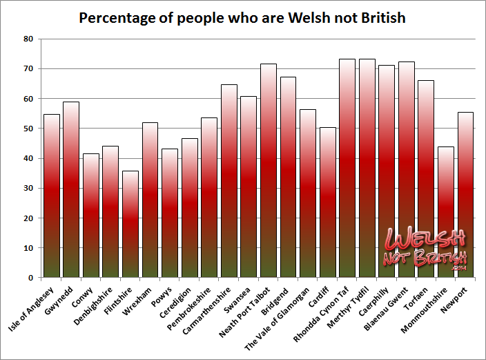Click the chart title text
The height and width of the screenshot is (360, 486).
242,17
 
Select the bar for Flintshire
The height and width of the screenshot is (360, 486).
130,224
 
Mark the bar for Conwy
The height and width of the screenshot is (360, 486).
90,215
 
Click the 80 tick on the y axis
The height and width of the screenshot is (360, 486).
28,39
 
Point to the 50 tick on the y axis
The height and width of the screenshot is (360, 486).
28,129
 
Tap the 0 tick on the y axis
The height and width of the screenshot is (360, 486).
30,278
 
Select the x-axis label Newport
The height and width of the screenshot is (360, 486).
458,299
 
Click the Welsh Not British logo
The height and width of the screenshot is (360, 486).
425,249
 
